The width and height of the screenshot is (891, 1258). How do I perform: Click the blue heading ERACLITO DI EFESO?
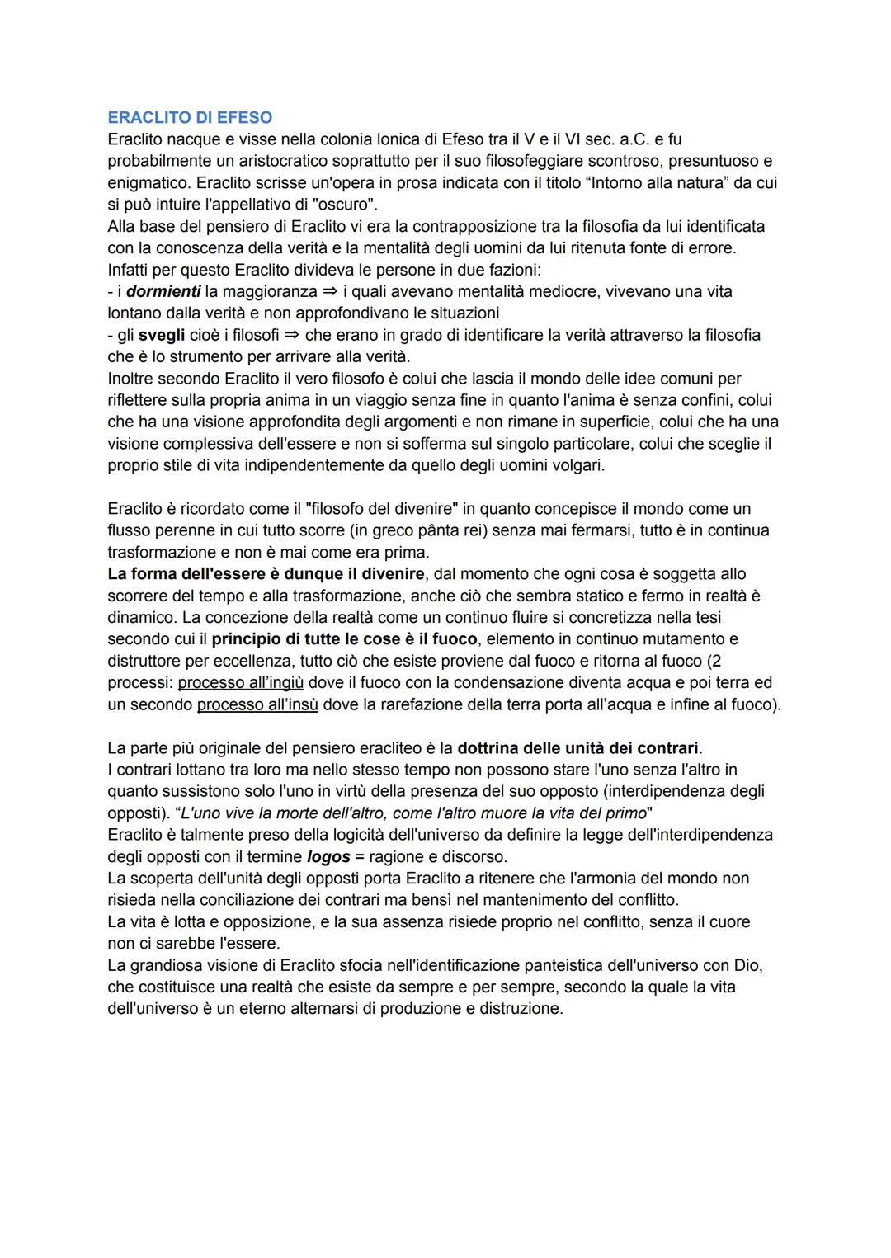pos(190,118)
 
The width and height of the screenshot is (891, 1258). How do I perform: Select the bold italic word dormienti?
pos(163,292)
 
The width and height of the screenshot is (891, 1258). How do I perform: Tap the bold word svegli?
pos(162,336)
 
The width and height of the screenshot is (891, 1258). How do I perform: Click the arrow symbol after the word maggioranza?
pos(330,292)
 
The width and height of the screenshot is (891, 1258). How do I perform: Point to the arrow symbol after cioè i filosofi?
pos(292,336)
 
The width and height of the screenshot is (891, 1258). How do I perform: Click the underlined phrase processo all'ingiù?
pos(241,683)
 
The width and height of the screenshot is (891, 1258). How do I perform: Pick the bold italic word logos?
pos(328,857)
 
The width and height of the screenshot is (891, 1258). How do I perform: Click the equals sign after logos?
pos(360,857)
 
